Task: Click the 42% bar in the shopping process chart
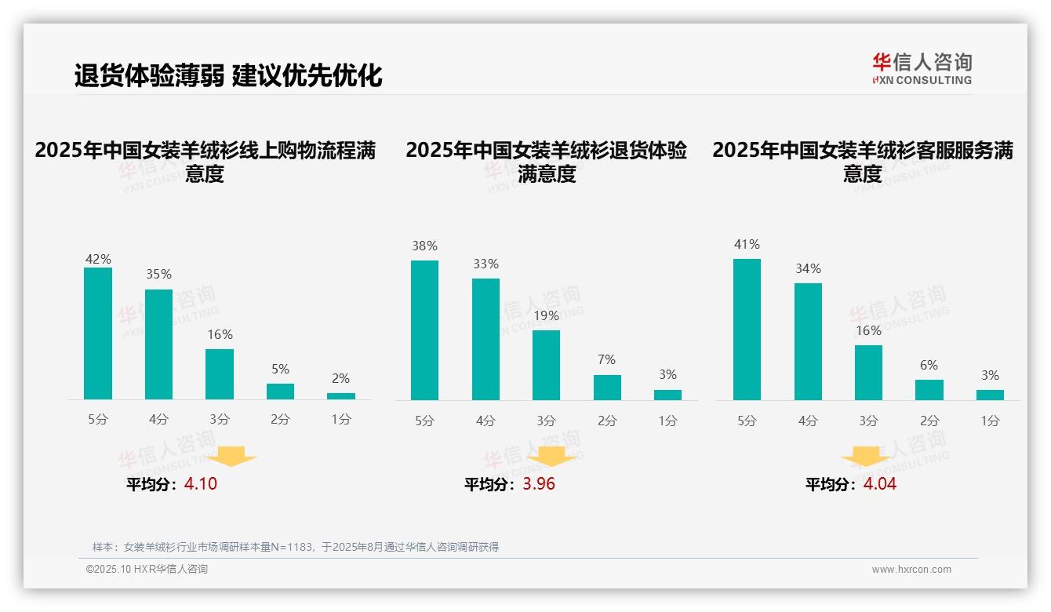tap(98, 333)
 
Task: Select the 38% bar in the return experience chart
tap(424, 330)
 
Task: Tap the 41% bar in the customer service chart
tap(747, 330)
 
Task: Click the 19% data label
tap(546, 316)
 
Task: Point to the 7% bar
tap(607, 388)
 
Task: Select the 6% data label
tap(929, 366)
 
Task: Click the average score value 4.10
tap(201, 484)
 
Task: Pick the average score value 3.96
tap(539, 484)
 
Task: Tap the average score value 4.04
tap(880, 484)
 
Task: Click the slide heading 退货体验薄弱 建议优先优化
tap(228, 76)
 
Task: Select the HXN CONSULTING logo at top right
tap(922, 69)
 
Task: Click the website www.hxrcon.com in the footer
tap(911, 570)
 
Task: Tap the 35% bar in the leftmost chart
tap(159, 344)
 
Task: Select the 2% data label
tap(340, 379)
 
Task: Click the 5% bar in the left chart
tap(280, 392)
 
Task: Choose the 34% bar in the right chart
tap(808, 341)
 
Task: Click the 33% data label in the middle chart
tap(485, 264)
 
